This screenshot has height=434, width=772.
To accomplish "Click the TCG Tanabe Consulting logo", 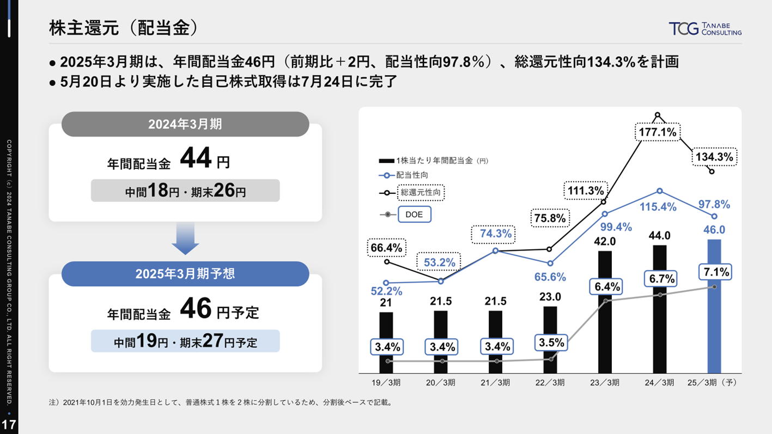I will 705,29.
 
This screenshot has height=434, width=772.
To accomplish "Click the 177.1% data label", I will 658,132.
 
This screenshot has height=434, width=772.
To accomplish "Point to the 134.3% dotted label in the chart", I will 715,157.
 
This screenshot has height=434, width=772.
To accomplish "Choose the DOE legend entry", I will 414,215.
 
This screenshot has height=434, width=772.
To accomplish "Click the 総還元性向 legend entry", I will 422,192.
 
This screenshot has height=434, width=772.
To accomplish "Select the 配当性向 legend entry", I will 412,175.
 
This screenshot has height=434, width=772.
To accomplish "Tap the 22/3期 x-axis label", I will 550,382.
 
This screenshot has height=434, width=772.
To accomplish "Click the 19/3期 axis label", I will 386,382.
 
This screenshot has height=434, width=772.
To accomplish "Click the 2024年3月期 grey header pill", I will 185,124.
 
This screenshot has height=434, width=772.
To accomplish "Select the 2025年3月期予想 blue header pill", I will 185,273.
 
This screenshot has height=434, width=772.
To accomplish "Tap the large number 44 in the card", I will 194,160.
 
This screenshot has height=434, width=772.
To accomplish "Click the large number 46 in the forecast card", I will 194,310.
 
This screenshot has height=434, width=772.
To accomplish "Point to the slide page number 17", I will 9,425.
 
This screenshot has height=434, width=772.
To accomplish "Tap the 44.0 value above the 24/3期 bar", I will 659,236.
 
